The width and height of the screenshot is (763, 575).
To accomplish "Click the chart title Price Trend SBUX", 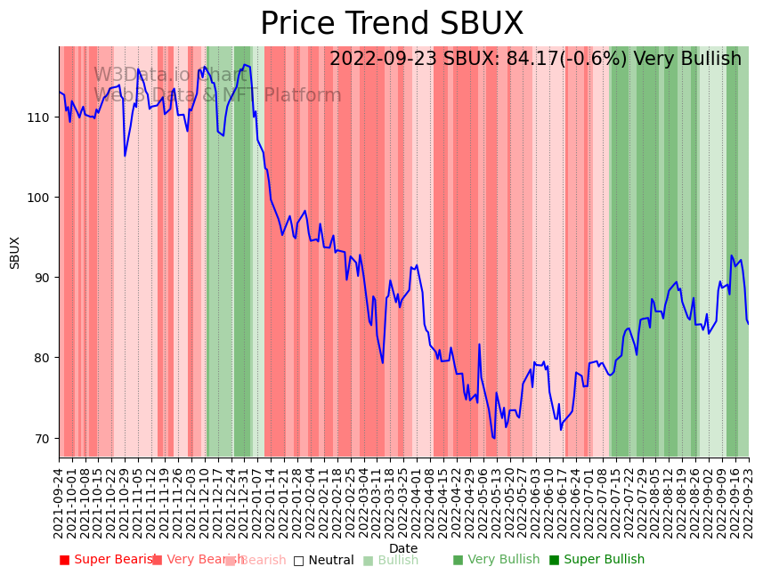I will (392, 24).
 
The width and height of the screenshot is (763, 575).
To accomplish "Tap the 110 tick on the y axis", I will (42, 117).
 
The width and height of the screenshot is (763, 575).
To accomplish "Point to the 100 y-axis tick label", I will (42, 197).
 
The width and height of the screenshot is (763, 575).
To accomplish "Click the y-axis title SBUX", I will (15, 252).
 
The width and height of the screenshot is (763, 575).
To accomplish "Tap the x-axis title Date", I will (402, 548).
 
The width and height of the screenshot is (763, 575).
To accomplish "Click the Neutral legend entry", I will (324, 560).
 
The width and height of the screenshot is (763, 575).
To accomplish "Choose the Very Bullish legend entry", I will (496, 560).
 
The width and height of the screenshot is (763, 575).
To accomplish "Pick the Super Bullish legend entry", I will (597, 560).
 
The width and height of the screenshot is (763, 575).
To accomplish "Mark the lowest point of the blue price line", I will (493, 438).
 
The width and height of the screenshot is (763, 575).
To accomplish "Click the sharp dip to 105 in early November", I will (125, 156).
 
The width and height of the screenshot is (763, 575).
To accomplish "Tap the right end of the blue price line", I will (748, 323).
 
